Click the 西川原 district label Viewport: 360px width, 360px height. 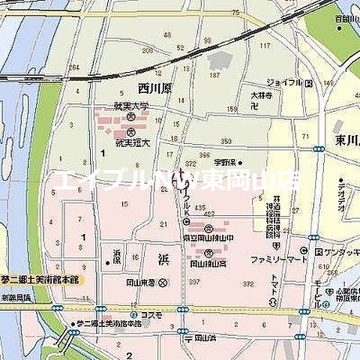154,88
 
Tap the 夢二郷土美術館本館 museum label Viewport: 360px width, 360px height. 40,278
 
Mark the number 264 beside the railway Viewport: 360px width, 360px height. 73,68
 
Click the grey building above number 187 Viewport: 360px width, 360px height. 219,60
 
